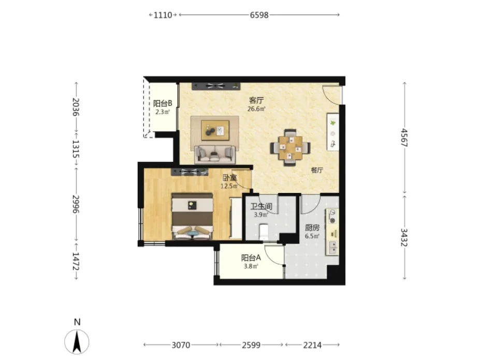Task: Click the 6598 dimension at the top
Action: click(259, 14)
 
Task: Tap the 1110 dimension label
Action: click(163, 14)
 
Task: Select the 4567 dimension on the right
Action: click(404, 138)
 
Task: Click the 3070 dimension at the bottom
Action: click(181, 345)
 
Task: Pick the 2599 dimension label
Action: click(251, 345)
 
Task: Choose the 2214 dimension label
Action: click(313, 345)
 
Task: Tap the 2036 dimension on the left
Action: click(76, 107)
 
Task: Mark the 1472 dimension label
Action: click(76, 261)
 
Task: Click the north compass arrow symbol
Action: click(77, 342)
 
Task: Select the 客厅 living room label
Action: click(256, 100)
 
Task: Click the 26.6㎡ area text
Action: click(256, 109)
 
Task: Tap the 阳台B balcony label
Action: click(163, 103)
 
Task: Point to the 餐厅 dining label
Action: click(317, 170)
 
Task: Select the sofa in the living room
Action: click(215, 155)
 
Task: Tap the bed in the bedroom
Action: click(192, 216)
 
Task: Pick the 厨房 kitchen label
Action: click(312, 228)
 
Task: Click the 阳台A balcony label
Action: click(251, 258)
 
